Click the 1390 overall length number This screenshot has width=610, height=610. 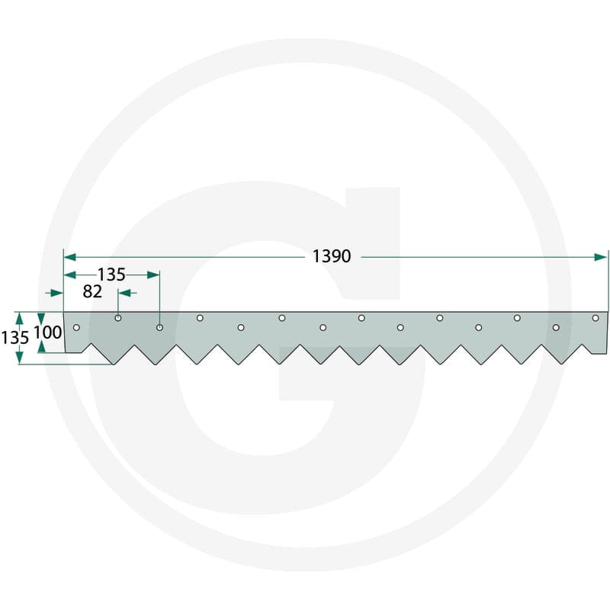(332, 256)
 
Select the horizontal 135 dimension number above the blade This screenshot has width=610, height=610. (111, 274)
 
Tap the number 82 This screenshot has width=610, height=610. (92, 292)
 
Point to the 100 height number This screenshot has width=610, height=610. (47, 332)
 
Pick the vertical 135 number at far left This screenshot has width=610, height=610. (14, 338)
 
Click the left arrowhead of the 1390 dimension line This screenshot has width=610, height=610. (69, 257)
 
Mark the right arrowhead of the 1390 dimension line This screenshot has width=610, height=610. (601, 257)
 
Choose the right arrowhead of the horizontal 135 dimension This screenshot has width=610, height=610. (154, 275)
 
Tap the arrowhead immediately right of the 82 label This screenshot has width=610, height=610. (124, 293)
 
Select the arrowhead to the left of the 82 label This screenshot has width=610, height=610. (57, 293)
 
